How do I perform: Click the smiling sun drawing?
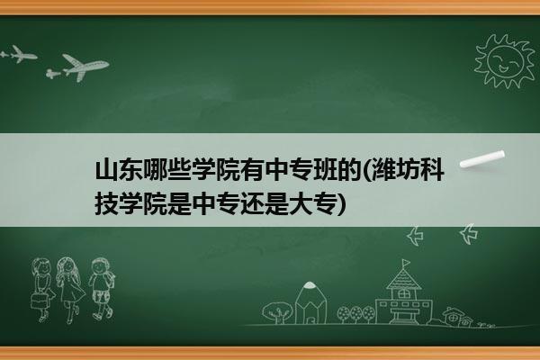[x=504, y=61]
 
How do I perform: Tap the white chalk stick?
[x=482, y=159]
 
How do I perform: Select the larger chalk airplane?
[x=82, y=67]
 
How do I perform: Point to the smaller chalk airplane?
[x=19, y=54]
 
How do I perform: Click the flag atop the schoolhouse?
[x=407, y=263]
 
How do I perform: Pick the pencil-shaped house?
[x=310, y=302]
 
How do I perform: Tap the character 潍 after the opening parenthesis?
[x=382, y=170]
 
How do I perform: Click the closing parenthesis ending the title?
[x=341, y=204]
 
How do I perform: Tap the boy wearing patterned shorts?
[x=101, y=288]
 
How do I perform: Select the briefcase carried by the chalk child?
[x=39, y=301]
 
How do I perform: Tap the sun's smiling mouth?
[x=503, y=69]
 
